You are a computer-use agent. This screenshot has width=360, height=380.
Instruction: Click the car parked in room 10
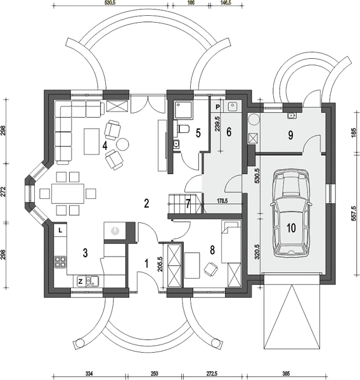click(x=291, y=213)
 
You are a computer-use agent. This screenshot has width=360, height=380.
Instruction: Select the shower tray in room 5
click(x=183, y=110)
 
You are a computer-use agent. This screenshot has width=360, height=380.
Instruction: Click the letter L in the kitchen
click(x=60, y=231)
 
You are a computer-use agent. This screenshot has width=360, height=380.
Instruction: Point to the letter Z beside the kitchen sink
click(x=80, y=282)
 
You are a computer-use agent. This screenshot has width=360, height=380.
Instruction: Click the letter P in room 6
click(x=217, y=107)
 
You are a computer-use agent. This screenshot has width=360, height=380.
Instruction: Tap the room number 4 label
click(x=105, y=146)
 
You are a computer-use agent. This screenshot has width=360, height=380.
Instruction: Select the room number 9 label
click(x=290, y=136)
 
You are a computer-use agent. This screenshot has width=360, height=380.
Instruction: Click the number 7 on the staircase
click(x=188, y=203)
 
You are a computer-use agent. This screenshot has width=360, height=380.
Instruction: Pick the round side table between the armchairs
click(x=122, y=144)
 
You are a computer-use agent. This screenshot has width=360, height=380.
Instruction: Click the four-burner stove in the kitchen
click(x=60, y=262)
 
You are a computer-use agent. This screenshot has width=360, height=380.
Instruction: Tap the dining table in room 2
click(x=68, y=194)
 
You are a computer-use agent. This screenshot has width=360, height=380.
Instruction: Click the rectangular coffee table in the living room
click(x=92, y=141)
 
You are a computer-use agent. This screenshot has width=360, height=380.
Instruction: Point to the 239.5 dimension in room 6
click(x=217, y=124)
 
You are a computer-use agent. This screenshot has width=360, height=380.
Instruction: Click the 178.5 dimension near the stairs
click(x=222, y=201)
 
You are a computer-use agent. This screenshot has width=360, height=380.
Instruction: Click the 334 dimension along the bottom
click(x=89, y=373)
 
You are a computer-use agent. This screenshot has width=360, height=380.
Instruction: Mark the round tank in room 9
click(x=254, y=120)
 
